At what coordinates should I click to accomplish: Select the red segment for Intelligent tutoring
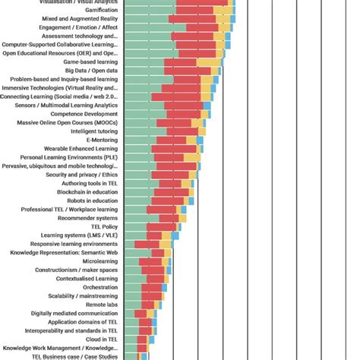tap(175, 131)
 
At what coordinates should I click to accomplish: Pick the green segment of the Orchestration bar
tap(134, 287)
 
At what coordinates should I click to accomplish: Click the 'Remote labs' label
tap(99, 304)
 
